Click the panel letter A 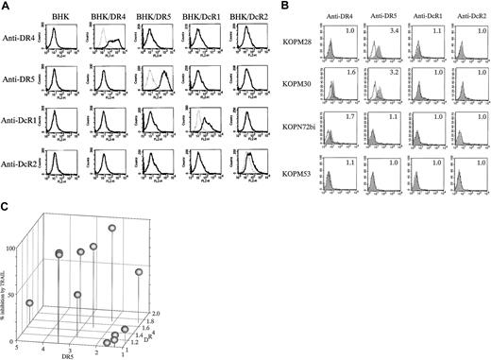6,6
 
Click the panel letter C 6,207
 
